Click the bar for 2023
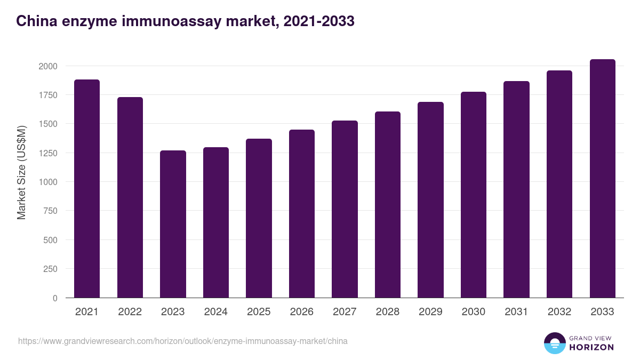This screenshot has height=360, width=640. pyautogui.click(x=173, y=224)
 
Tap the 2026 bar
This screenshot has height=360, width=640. pyautogui.click(x=302, y=213)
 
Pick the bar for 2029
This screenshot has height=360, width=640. pyautogui.click(x=430, y=199)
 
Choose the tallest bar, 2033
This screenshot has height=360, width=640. pyautogui.click(x=602, y=178)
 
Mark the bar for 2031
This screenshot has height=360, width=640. pyautogui.click(x=516, y=189)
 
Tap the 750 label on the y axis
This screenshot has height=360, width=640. pyautogui.click(x=50, y=211)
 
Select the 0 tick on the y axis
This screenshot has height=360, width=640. pyautogui.click(x=55, y=298)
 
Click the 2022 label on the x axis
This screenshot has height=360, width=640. pyautogui.click(x=130, y=312)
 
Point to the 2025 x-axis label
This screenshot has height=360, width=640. pyautogui.click(x=259, y=312)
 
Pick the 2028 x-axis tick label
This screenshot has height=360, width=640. pyautogui.click(x=387, y=312)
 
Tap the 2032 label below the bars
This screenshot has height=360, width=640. pyautogui.click(x=559, y=312)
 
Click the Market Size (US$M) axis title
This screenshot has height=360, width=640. pyautogui.click(x=21, y=172)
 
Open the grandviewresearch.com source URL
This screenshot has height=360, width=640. pyautogui.click(x=183, y=341)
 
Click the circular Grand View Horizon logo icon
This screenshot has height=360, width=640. pyautogui.click(x=554, y=343)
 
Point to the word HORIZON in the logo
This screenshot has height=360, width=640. pyautogui.click(x=591, y=347)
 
